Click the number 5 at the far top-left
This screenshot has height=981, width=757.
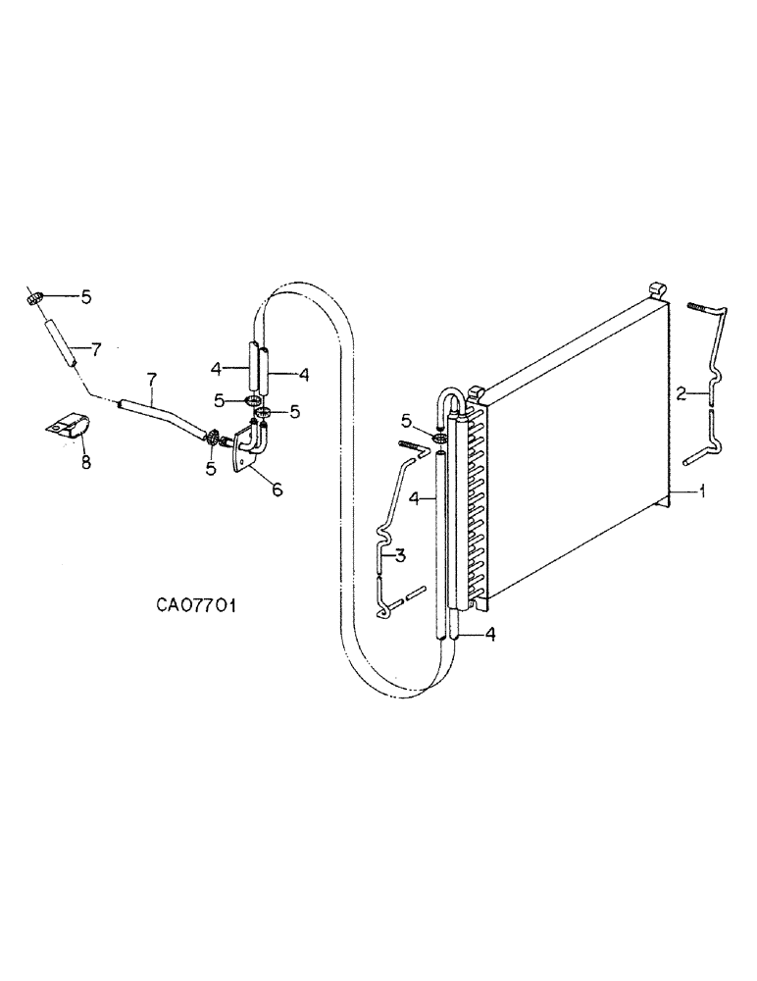coord(85,296)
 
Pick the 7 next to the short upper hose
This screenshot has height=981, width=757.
coord(96,348)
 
